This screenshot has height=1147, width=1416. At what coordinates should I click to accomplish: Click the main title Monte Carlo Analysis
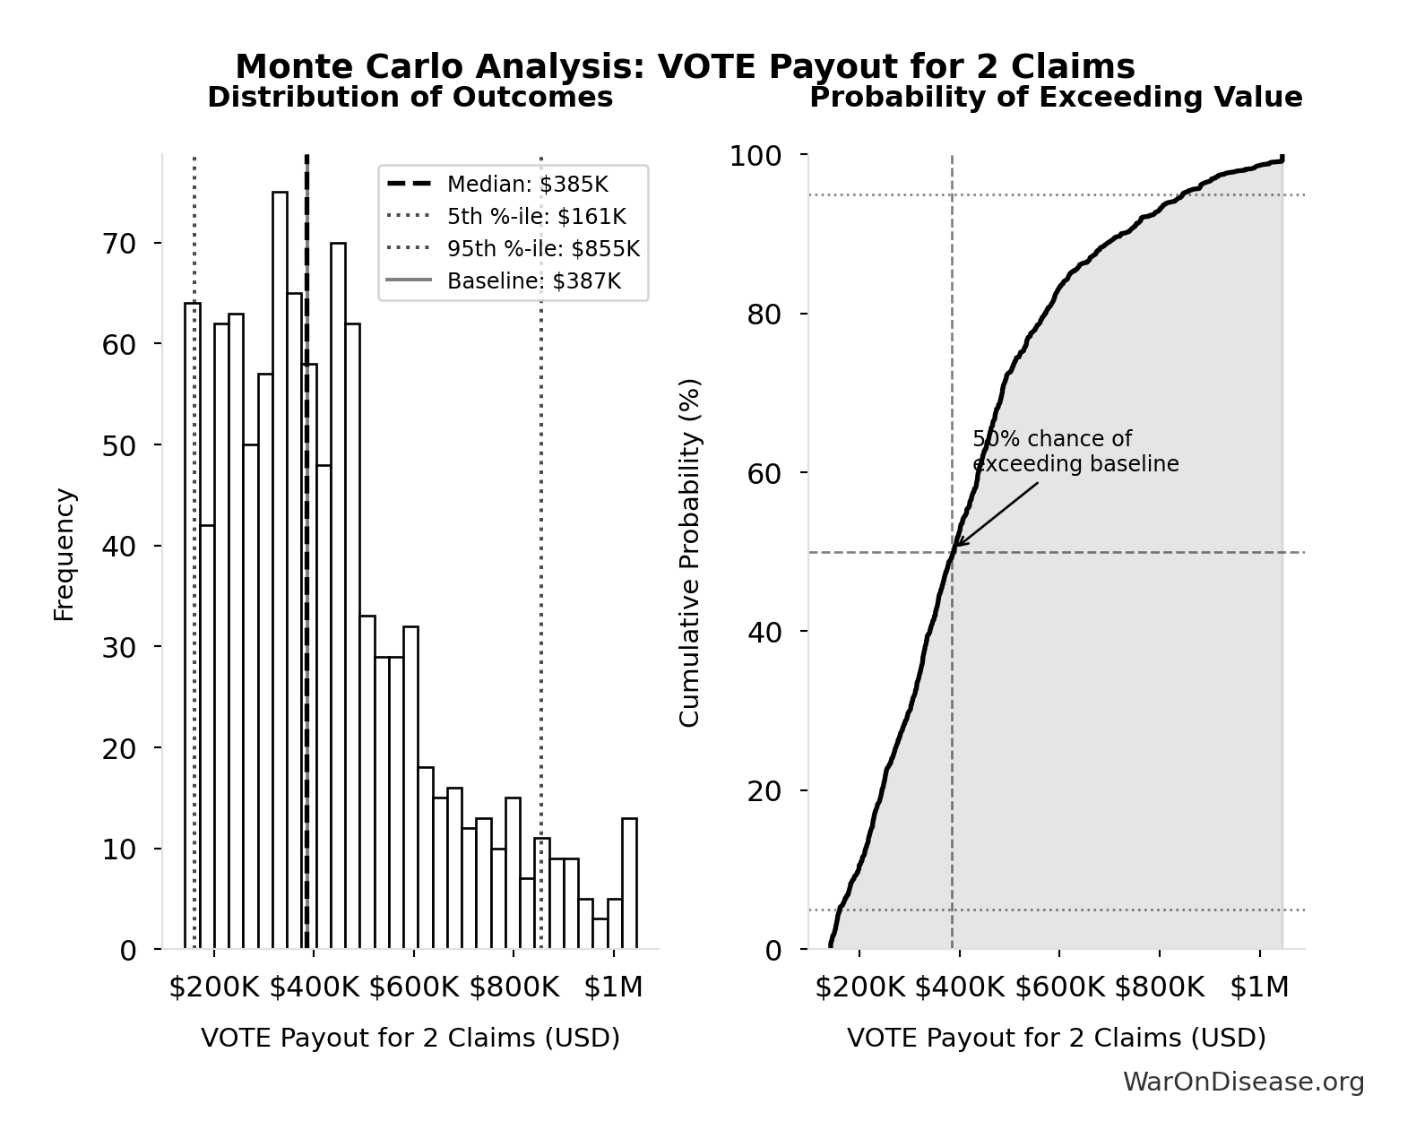coord(685,66)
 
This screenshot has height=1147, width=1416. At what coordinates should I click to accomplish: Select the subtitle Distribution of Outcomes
coord(410,97)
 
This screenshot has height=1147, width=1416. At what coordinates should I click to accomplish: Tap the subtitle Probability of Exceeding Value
coord(1056,97)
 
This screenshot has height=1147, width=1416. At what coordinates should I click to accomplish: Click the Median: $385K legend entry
coord(527,185)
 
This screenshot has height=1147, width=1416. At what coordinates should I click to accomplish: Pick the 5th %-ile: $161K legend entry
coord(536,217)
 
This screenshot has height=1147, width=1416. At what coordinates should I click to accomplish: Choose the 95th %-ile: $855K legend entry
coord(543,249)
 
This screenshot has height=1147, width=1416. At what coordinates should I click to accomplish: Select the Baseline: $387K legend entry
coord(533,281)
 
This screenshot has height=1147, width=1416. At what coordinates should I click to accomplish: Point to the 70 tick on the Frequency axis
coord(119,244)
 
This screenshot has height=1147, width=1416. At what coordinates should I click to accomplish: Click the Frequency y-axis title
coord(65,554)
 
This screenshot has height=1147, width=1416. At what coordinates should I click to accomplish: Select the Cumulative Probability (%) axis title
coord(689,552)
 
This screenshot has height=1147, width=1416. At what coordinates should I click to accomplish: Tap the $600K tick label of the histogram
coord(413,987)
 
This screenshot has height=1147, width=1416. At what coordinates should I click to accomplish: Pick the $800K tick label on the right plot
coord(1159,987)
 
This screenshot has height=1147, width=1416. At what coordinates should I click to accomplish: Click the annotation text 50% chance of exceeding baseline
coord(1075,452)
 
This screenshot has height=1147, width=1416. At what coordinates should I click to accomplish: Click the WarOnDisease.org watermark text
coord(1243,1082)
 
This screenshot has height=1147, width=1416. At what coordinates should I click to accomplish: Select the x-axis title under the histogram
coord(410,1038)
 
